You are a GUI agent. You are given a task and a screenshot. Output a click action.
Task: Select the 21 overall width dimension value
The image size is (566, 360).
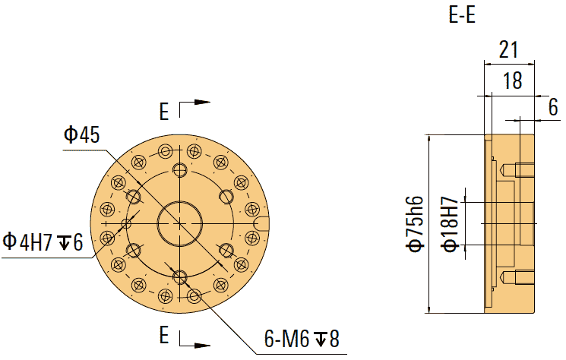pyautogui.click(x=508, y=50)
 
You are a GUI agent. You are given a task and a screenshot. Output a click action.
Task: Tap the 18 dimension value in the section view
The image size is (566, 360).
pyautogui.click(x=513, y=81)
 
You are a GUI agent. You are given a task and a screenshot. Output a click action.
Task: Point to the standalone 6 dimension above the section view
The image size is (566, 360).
pyautogui.click(x=552, y=107)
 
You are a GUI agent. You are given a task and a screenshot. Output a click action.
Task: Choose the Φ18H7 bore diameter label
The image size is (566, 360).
pyautogui.click(x=450, y=223)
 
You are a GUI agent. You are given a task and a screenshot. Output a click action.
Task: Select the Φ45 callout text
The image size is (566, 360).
pyautogui.click(x=82, y=135)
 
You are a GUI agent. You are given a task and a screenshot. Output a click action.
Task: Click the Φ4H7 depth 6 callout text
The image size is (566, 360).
pyautogui.click(x=42, y=242)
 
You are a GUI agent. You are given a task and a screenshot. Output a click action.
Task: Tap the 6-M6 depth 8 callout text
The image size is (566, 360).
pyautogui.click(x=300, y=339)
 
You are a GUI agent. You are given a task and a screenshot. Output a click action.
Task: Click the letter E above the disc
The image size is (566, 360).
pyautogui.click(x=164, y=112)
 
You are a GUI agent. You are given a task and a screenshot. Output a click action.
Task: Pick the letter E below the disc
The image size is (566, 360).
pyautogui.click(x=164, y=334)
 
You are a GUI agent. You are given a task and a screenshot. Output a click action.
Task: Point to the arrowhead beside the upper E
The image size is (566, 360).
pyautogui.click(x=202, y=102)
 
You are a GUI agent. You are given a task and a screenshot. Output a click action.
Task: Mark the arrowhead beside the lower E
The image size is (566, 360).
pyautogui.click(x=202, y=345)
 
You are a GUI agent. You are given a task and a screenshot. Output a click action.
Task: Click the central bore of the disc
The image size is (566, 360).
pyautogui.click(x=179, y=223)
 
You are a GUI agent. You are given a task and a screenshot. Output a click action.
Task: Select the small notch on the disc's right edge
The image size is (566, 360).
pyautogui.click(x=262, y=223)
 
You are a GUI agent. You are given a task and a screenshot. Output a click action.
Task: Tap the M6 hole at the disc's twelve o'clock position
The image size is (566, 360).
pyautogui.click(x=179, y=169)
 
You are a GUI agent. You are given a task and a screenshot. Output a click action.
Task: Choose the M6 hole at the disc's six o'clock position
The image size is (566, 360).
pyautogui.click(x=179, y=276)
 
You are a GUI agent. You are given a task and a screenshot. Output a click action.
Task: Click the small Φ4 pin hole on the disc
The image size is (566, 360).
pyautogui.click(x=127, y=223)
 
